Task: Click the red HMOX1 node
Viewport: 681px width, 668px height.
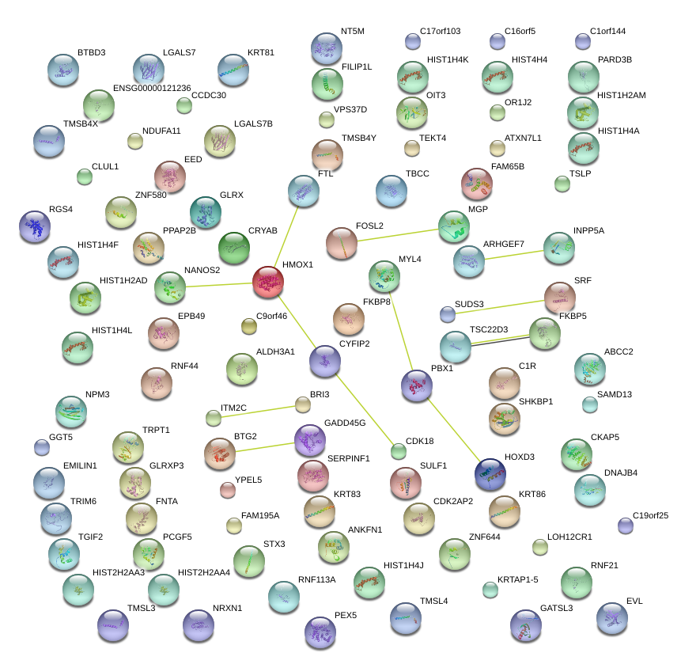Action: pyautogui.click(x=268, y=282)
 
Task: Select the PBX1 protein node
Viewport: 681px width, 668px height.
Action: pyautogui.click(x=417, y=385)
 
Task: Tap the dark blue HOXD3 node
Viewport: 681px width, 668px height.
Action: pyautogui.click(x=490, y=473)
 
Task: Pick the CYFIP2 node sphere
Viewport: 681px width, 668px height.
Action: pyautogui.click(x=325, y=361)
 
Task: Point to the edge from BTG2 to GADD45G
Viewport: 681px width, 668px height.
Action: pyautogui.click(x=265, y=447)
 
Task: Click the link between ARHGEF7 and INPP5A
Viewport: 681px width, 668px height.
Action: pyautogui.click(x=514, y=254)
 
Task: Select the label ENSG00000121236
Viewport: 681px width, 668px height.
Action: pyautogui.click(x=152, y=88)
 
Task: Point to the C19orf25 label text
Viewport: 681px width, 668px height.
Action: pyautogui.click(x=651, y=515)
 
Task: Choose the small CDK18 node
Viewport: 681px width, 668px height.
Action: pyautogui.click(x=399, y=452)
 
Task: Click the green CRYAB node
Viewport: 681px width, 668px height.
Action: pyautogui.click(x=233, y=248)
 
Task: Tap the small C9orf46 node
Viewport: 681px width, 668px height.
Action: pyautogui.click(x=249, y=325)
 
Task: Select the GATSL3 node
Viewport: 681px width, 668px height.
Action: pyautogui.click(x=526, y=625)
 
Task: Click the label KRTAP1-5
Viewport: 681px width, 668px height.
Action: pyautogui.click(x=517, y=579)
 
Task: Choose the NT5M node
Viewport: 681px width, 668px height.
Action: pyautogui.click(x=326, y=49)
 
